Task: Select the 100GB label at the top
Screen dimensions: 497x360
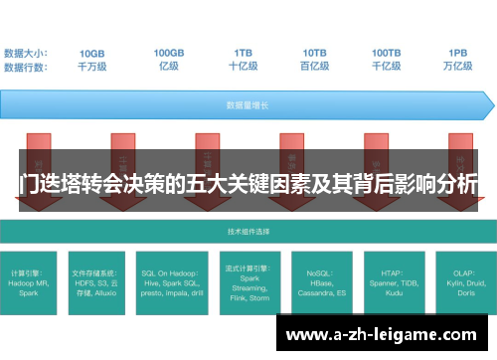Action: point(168,53)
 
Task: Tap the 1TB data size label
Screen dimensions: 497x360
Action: point(244,53)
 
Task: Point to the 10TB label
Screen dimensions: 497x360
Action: point(315,53)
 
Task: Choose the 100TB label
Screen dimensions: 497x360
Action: point(387,53)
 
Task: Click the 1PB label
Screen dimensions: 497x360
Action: point(458,53)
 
